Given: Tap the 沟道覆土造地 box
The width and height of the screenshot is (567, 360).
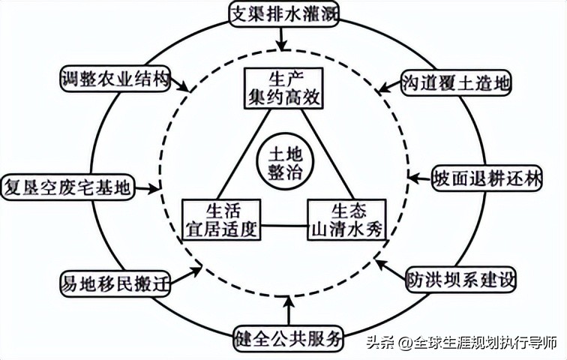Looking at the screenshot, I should (x=455, y=82).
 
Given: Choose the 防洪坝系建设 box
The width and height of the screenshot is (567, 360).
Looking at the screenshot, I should (x=461, y=280).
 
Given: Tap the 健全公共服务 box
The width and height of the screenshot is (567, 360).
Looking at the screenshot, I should (x=288, y=337).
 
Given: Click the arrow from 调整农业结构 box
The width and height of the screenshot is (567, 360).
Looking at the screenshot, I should (x=180, y=84).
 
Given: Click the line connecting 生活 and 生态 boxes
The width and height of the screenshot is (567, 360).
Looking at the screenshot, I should (x=283, y=224).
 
